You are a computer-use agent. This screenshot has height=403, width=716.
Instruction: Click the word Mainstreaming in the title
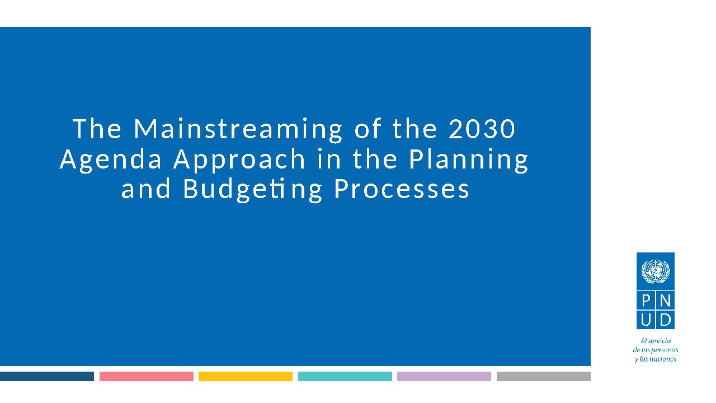click(238, 129)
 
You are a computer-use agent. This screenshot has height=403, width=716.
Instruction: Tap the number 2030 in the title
click(482, 129)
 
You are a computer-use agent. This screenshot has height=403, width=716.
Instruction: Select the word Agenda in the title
click(111, 160)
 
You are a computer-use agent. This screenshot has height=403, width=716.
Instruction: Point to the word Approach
click(239, 160)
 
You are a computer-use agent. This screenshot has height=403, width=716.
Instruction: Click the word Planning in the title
click(469, 160)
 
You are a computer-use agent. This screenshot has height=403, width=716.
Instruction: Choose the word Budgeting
click(252, 190)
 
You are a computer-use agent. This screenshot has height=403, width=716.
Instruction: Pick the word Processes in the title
click(402, 189)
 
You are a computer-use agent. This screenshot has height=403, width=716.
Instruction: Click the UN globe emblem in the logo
click(656, 271)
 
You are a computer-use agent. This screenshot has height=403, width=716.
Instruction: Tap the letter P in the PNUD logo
click(646, 301)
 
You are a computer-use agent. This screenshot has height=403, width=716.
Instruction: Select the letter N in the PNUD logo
click(665, 301)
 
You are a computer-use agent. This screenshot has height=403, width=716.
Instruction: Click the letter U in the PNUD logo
click(646, 320)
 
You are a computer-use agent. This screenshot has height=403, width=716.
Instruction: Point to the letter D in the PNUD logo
click(666, 320)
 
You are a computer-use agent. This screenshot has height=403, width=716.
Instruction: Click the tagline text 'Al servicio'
click(656, 341)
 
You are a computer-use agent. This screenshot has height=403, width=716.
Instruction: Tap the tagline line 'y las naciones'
click(656, 359)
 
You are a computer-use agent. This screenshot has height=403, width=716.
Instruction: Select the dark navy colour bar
click(47, 376)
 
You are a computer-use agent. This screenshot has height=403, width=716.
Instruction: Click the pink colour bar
click(147, 376)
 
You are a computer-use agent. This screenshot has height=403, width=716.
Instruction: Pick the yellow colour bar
click(246, 376)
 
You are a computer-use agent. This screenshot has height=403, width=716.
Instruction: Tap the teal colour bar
click(345, 376)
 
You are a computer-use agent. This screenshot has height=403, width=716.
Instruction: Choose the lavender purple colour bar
click(444, 376)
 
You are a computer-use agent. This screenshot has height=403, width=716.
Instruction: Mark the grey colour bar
click(543, 376)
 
